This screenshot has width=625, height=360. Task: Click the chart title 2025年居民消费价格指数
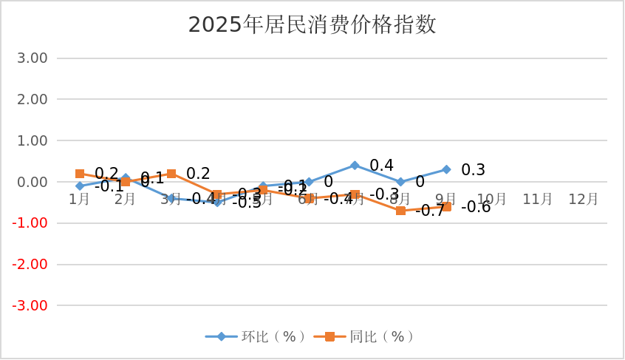click(312, 25)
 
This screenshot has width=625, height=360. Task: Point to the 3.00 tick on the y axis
click(32, 58)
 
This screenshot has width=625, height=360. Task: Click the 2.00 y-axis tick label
click(32, 100)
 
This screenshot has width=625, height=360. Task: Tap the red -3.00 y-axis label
click(30, 305)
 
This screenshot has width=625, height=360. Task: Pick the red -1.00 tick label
click(30, 223)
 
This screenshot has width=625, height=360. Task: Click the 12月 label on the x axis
click(584, 200)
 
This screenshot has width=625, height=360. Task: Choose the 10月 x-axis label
click(492, 200)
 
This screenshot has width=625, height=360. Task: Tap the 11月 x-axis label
click(538, 200)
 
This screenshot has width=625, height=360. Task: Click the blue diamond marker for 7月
click(355, 166)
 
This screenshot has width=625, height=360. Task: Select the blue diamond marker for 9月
click(446, 169)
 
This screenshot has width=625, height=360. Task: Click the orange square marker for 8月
click(400, 211)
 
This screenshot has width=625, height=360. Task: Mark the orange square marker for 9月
click(446, 207)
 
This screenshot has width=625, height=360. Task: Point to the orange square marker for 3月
click(171, 174)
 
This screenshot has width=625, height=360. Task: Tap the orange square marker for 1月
click(80, 174)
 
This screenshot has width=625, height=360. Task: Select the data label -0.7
click(430, 211)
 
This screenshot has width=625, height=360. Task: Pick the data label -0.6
click(476, 208)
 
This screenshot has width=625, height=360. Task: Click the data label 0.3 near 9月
click(473, 170)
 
